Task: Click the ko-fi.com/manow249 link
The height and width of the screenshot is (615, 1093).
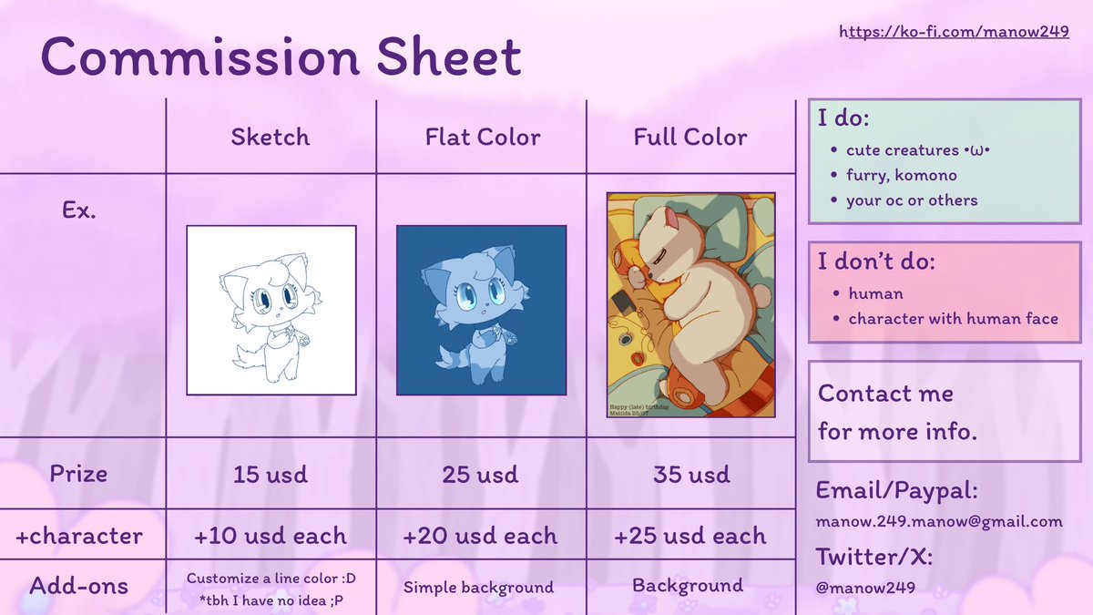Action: (954, 32)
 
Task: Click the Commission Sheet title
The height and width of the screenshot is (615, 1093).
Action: (281, 56)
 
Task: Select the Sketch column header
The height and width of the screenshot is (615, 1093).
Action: (271, 138)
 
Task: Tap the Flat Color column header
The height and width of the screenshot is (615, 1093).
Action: (483, 138)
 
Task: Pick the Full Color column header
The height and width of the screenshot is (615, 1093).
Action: (690, 138)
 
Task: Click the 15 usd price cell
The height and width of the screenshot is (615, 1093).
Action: (271, 475)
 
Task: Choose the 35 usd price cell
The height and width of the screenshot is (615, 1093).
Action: (690, 475)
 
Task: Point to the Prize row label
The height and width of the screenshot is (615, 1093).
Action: (78, 474)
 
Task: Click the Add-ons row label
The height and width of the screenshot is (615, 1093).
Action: (78, 586)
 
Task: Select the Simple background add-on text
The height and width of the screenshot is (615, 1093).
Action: (478, 588)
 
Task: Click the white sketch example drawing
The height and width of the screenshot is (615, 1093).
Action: (271, 310)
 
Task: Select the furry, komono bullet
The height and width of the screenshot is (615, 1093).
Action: (901, 175)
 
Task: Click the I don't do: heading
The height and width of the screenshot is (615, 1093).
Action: (875, 262)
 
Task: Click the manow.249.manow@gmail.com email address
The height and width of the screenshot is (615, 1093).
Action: (939, 522)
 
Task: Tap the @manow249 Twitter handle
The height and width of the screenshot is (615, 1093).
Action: (866, 588)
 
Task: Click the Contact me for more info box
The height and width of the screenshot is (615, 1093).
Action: (943, 412)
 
